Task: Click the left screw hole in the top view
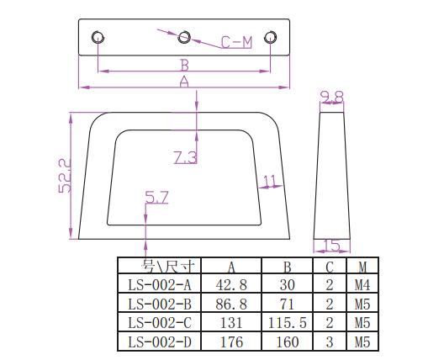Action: pyautogui.click(x=98, y=37)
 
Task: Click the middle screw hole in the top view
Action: pyautogui.click(x=184, y=37)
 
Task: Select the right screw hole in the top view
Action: pyautogui.click(x=271, y=37)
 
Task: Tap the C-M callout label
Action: pyautogui.click(x=236, y=42)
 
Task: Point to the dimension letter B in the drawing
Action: pyautogui.click(x=184, y=66)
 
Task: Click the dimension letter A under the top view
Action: pyautogui.click(x=184, y=82)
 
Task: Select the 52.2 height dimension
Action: pyautogui.click(x=65, y=176)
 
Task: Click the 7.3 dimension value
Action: pyautogui.click(x=186, y=157)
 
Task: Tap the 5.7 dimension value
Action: pyautogui.click(x=157, y=197)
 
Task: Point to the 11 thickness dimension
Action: pyautogui.click(x=270, y=181)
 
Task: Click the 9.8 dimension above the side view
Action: pyautogui.click(x=332, y=97)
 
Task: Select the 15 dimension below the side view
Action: pyautogui.click(x=331, y=246)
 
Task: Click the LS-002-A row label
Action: pyautogui.click(x=160, y=285)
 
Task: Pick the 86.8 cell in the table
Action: pyautogui.click(x=231, y=304)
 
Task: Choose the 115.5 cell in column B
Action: pyautogui.click(x=287, y=323)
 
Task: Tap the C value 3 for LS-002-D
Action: pyautogui.click(x=330, y=341)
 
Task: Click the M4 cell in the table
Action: pyautogui.click(x=362, y=285)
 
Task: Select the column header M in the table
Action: pyautogui.click(x=362, y=267)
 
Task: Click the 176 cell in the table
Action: pyautogui.click(x=231, y=341)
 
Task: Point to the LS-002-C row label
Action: pyautogui.click(x=160, y=323)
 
